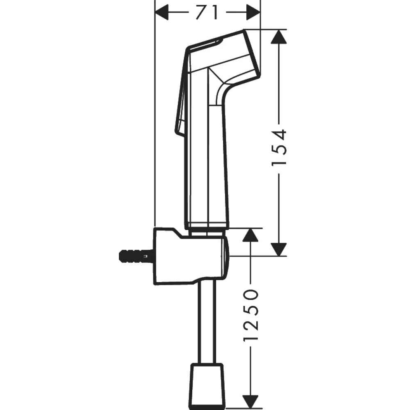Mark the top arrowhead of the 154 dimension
[279, 37]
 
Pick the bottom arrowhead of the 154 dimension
[279, 248]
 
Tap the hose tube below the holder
[207, 320]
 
